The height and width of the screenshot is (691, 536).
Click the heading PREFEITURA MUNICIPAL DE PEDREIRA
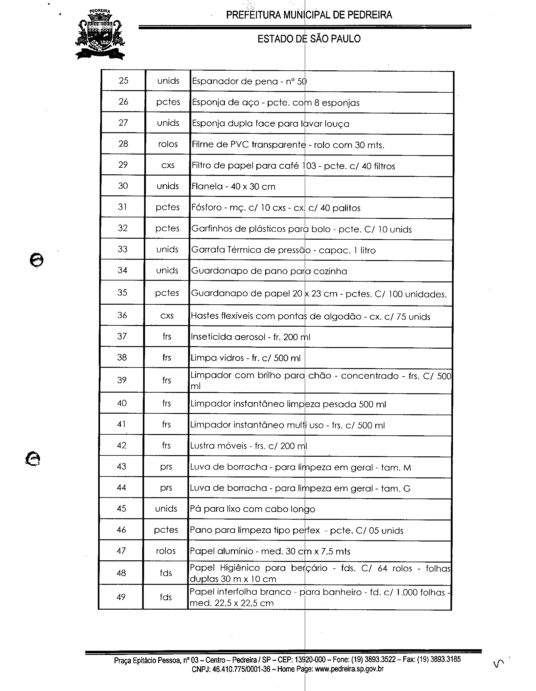point(309,15)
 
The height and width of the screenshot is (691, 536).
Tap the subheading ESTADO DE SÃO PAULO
point(309,39)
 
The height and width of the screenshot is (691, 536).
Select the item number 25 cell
point(123,81)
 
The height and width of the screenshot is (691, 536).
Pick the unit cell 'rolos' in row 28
point(168,144)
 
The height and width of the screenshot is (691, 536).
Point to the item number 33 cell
point(122,249)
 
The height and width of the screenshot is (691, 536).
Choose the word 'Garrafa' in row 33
point(208,250)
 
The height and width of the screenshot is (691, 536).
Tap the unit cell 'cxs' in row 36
point(167,316)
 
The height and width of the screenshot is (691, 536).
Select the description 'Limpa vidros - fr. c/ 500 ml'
point(245,358)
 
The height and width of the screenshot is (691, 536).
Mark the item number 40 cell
point(122,403)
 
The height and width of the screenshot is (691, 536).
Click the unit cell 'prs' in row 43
point(166,467)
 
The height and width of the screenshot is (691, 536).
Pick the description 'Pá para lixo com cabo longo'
point(253,509)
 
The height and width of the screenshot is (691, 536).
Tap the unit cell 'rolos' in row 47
point(166,551)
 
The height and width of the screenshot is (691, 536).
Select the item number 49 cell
point(121,597)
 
